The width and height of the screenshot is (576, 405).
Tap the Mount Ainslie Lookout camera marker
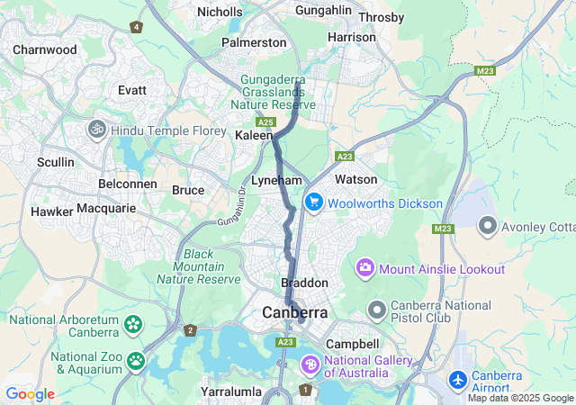pos(365,267)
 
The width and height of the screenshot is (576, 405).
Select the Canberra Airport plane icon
pos(458,380)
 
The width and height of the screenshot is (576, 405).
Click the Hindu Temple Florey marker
pos(97,130)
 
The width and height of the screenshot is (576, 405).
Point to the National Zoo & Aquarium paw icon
pos(135,361)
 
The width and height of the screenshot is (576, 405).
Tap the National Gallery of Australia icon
pos(310,364)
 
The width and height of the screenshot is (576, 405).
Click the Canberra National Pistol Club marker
pos(376,310)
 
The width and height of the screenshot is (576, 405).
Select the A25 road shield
pos(265,121)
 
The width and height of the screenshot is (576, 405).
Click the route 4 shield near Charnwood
pos(136,27)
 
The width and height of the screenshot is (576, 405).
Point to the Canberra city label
pos(295,313)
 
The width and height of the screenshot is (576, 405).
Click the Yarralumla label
pos(231,391)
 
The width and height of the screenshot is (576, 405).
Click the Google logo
pos(30,394)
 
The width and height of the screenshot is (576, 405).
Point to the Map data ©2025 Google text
pos(519,398)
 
